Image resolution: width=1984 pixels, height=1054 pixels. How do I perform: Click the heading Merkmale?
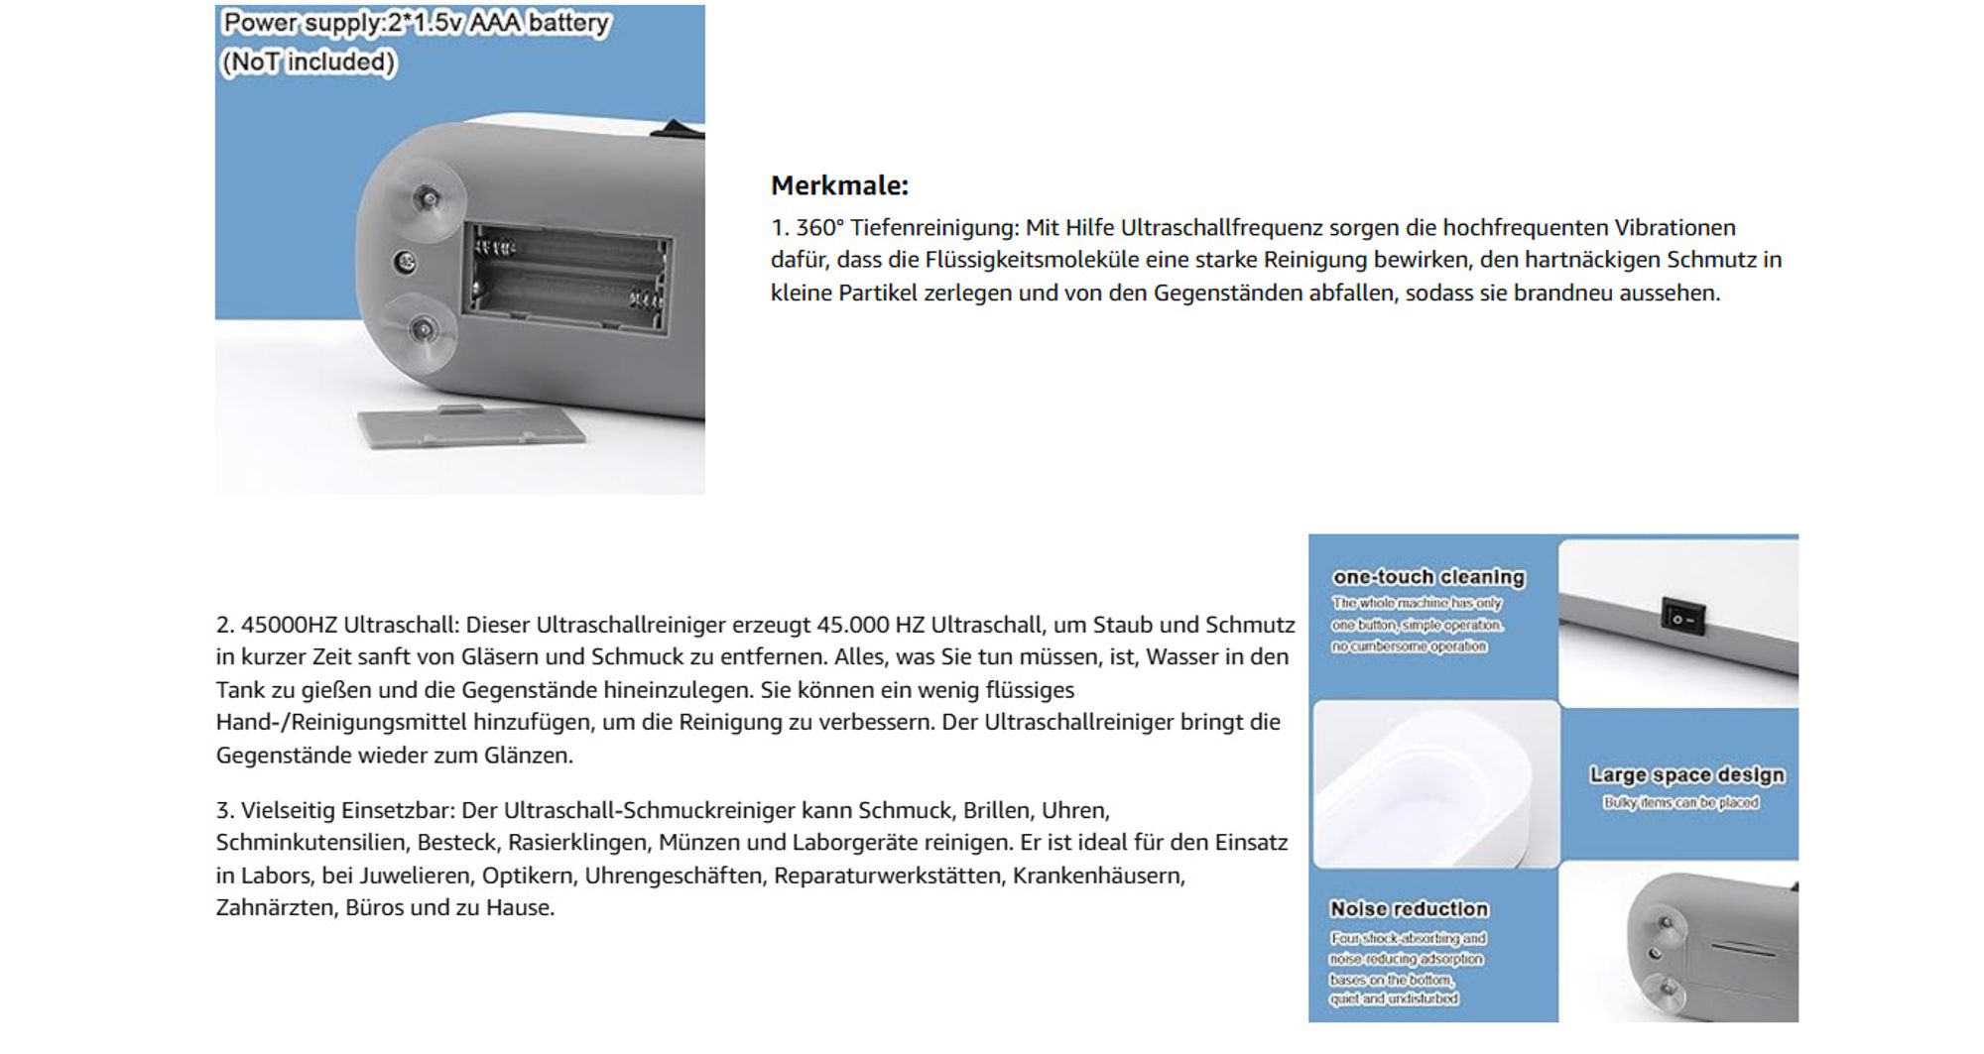click(839, 185)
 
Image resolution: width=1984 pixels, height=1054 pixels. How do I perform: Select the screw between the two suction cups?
click(405, 262)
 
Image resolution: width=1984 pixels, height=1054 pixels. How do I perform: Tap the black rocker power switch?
click(1682, 616)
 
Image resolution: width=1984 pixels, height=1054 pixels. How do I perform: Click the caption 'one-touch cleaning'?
click(1428, 577)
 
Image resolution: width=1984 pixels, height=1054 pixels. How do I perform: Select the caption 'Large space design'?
click(1686, 775)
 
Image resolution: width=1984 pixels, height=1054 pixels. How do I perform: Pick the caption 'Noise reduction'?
click(1409, 909)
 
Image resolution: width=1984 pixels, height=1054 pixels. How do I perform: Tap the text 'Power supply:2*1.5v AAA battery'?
click(416, 23)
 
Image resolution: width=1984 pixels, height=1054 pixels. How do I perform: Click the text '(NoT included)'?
click(308, 62)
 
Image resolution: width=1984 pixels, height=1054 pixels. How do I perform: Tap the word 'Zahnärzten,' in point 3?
click(277, 908)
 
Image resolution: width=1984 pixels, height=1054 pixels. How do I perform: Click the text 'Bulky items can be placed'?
click(1680, 803)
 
